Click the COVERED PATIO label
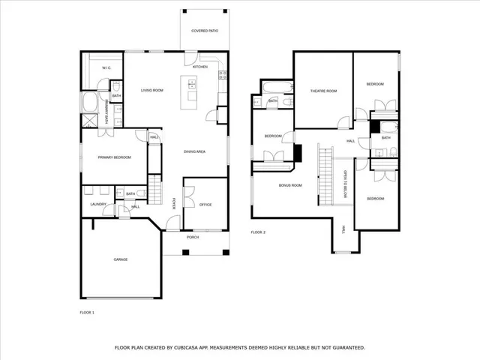click(205, 31)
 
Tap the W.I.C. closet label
click(106, 67)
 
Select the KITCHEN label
click(200, 67)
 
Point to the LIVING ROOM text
click(152, 90)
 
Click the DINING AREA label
click(195, 152)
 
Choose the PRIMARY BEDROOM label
click(115, 157)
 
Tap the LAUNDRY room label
click(97, 204)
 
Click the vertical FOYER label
click(174, 203)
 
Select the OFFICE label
click(205, 204)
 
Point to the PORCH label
click(193, 237)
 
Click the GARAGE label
click(120, 259)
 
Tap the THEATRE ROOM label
click(323, 91)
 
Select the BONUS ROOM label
click(289, 184)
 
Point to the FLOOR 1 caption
click(88, 311)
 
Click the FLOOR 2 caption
click(259, 232)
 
